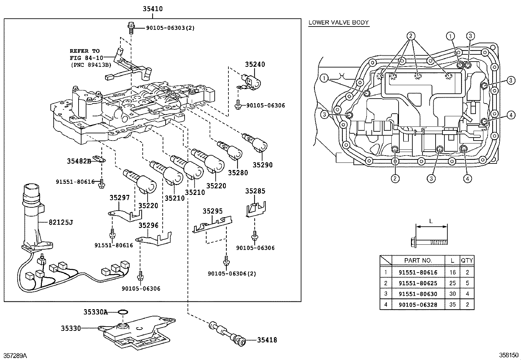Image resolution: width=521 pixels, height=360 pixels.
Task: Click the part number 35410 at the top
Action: pyautogui.click(x=153, y=9)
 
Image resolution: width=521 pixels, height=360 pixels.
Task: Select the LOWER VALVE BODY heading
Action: pyautogui.click(x=338, y=23)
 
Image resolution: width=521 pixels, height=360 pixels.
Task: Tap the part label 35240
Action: pyautogui.click(x=255, y=65)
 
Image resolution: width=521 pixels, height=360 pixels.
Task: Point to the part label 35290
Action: pyautogui.click(x=262, y=165)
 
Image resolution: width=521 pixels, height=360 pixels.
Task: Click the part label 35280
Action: pyautogui.click(x=238, y=173)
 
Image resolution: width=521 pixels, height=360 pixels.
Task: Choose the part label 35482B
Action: pyautogui.click(x=79, y=161)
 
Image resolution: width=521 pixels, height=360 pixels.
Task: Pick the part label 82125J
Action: pyautogui.click(x=61, y=223)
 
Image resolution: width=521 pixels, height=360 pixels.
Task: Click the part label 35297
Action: pyautogui.click(x=119, y=198)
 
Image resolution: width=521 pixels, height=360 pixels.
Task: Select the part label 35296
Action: pyautogui.click(x=148, y=225)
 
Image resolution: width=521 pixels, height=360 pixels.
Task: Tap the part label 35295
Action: pyautogui.click(x=212, y=211)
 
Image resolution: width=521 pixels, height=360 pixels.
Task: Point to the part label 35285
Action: pyautogui.click(x=255, y=191)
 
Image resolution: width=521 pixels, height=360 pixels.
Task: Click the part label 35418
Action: pyautogui.click(x=267, y=340)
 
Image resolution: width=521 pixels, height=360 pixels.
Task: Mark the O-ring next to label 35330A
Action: pyautogui.click(x=122, y=312)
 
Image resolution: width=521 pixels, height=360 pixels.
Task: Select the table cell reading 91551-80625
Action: pyautogui.click(x=418, y=283)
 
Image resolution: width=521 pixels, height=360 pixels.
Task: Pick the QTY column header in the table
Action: pyautogui.click(x=467, y=260)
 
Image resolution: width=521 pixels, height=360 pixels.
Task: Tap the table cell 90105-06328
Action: pyautogui.click(x=418, y=305)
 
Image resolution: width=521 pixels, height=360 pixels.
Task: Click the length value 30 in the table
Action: pyautogui.click(x=452, y=294)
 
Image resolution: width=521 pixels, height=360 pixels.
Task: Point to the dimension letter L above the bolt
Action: pyautogui.click(x=431, y=221)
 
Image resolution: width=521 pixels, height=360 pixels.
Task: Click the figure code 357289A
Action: pyautogui.click(x=15, y=356)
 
